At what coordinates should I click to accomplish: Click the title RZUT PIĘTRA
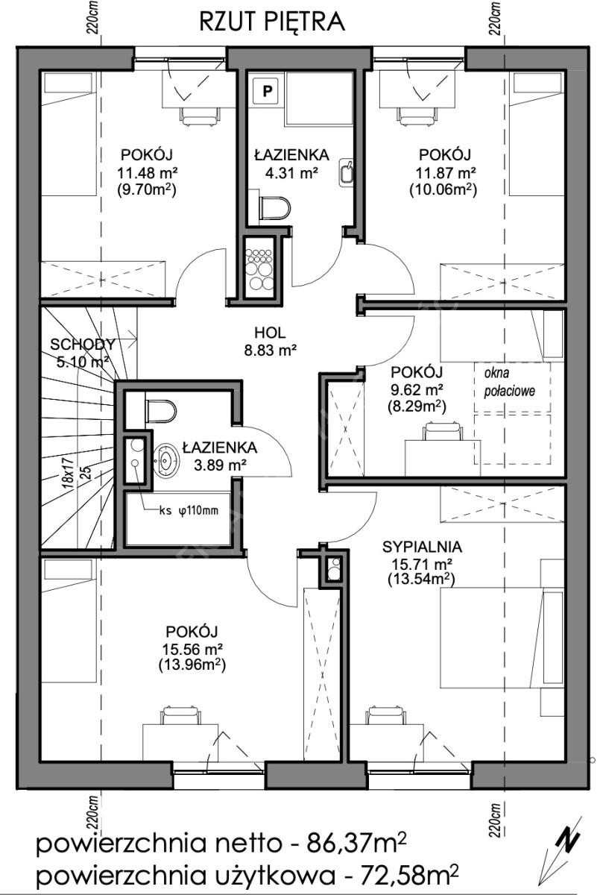271,22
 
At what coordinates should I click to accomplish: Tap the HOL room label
270,332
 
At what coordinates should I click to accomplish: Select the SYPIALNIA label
422,547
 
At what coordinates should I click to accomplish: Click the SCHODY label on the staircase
83,344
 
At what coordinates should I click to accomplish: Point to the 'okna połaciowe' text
509,382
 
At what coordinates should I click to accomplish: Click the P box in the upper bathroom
266,90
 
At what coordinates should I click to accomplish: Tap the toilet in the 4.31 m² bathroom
275,208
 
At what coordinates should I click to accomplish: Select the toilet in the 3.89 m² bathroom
162,411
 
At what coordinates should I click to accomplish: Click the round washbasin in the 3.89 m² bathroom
165,460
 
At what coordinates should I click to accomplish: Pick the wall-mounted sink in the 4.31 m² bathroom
346,172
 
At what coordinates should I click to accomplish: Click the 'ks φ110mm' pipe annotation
189,510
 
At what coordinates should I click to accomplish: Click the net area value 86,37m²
356,844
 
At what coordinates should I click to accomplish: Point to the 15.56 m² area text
192,647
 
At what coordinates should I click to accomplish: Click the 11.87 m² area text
446,172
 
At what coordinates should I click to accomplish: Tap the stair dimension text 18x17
69,473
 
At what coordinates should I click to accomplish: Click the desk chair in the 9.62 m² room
443,432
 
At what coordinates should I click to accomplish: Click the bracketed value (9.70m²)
147,190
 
